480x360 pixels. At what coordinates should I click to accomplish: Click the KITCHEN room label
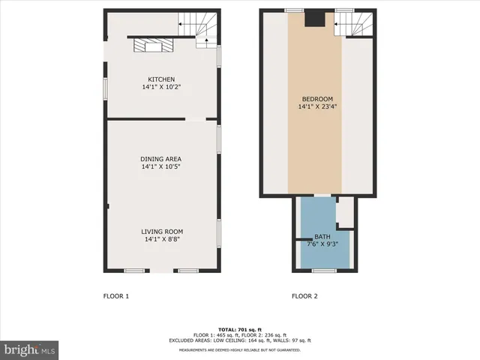tap(161, 79)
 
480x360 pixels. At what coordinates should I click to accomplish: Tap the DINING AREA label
tap(161, 159)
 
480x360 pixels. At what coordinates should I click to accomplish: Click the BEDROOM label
tap(315, 99)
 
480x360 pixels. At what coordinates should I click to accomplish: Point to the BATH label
tap(322, 237)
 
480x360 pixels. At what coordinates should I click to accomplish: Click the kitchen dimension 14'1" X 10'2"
tap(161, 88)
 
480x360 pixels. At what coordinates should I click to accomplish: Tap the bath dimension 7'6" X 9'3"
tap(322, 244)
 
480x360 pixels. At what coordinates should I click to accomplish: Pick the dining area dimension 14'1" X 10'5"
tap(161, 167)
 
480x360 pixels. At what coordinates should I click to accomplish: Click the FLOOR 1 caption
tap(116, 296)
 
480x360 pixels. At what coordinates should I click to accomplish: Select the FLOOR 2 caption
tap(304, 296)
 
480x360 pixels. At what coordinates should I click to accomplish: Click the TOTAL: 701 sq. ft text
tap(240, 330)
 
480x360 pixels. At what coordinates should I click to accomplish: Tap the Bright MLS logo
tap(30, 349)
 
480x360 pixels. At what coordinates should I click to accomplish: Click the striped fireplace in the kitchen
tap(152, 46)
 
